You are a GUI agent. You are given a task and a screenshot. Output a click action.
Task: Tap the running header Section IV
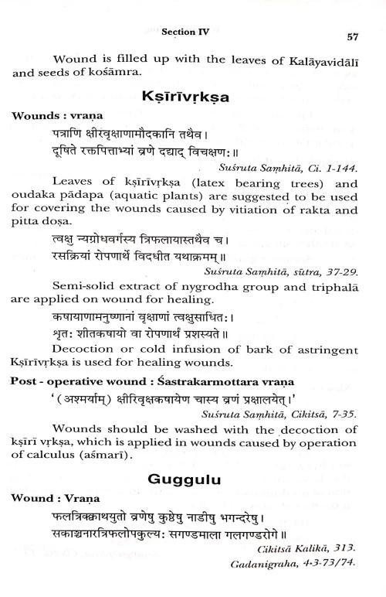click(185, 32)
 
